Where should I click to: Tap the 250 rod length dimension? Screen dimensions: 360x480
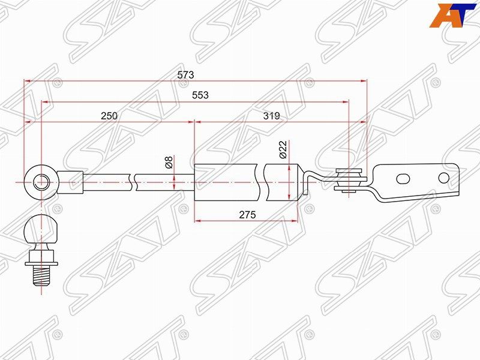(x=109, y=116)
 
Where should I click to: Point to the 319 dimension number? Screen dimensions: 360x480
(x=271, y=116)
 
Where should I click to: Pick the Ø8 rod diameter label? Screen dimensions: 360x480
(x=169, y=163)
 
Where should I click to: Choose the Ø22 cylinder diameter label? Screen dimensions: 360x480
(x=283, y=149)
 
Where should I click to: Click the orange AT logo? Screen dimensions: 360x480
(x=454, y=15)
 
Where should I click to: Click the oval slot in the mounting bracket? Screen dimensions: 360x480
(x=403, y=178)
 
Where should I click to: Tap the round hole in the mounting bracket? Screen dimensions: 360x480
(x=443, y=178)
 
